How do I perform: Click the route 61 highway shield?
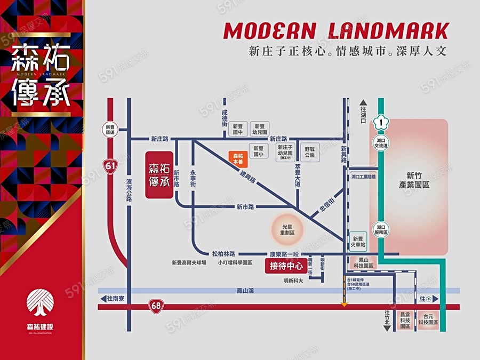pyautogui.click(x=110, y=166)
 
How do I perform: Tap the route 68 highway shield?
pyautogui.click(x=156, y=306)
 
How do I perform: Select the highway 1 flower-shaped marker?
pyautogui.click(x=379, y=122)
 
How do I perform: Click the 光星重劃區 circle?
pyautogui.click(x=288, y=230)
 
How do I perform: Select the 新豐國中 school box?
pyautogui.click(x=238, y=130)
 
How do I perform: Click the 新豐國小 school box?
pyautogui.click(x=259, y=152)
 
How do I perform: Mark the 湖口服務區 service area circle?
pyautogui.click(x=382, y=230)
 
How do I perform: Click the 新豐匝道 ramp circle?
pyautogui.click(x=110, y=130)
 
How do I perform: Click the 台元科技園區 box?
pyautogui.click(x=428, y=320)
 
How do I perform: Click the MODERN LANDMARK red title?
pyautogui.click(x=336, y=31)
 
